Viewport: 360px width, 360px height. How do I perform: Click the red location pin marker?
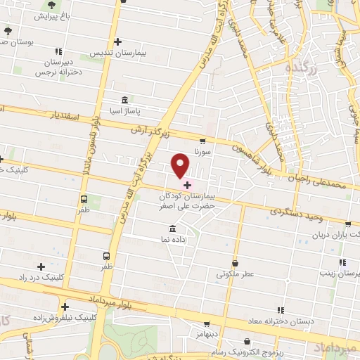pos(181,166)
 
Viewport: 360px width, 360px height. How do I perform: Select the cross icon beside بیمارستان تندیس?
pos(117,41)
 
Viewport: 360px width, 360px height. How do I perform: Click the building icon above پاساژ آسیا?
pos(125,99)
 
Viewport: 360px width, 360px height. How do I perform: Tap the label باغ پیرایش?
pos(52,15)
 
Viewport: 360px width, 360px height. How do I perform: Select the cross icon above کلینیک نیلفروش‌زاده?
pos(65,307)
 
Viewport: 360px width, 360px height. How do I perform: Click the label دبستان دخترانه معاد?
pos(279,321)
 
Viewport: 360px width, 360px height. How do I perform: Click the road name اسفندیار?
pos(67,115)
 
